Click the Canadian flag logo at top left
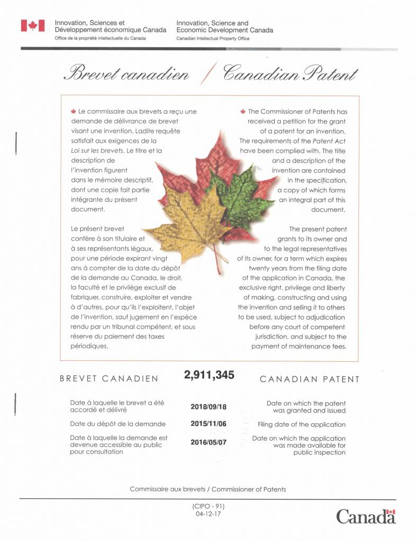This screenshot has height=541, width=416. pos(32,25)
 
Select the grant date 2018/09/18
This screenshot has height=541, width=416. pos(208,407)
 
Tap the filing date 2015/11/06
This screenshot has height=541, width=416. pos(208,424)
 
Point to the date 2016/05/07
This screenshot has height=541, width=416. pos(208,442)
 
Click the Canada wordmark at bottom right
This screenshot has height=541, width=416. pos(366,516)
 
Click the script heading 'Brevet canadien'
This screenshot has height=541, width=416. pos(126,73)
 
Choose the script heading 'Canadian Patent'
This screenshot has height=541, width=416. pos(291,73)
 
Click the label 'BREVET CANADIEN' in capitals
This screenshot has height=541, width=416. pos(109,379)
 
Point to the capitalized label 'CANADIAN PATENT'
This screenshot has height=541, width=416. pos(310,379)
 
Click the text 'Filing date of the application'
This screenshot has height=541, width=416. pos(302,424)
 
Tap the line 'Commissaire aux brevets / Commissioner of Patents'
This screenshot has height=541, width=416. pos(208,489)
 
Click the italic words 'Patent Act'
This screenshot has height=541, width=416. pos(330,141)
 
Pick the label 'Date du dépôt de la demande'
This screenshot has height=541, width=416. pos(118,424)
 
